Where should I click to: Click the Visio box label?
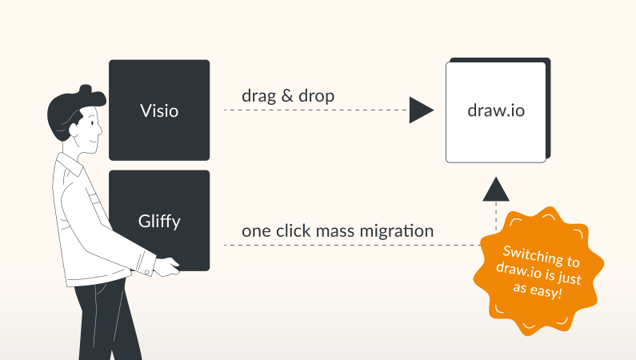[x=159, y=110]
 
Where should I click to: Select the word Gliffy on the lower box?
[x=159, y=221]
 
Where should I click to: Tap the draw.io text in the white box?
[x=496, y=110]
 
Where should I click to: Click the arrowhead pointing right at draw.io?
[x=420, y=110]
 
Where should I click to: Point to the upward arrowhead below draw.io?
[x=496, y=189]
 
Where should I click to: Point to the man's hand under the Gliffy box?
[x=166, y=268]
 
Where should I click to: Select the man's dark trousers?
[x=100, y=320]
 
